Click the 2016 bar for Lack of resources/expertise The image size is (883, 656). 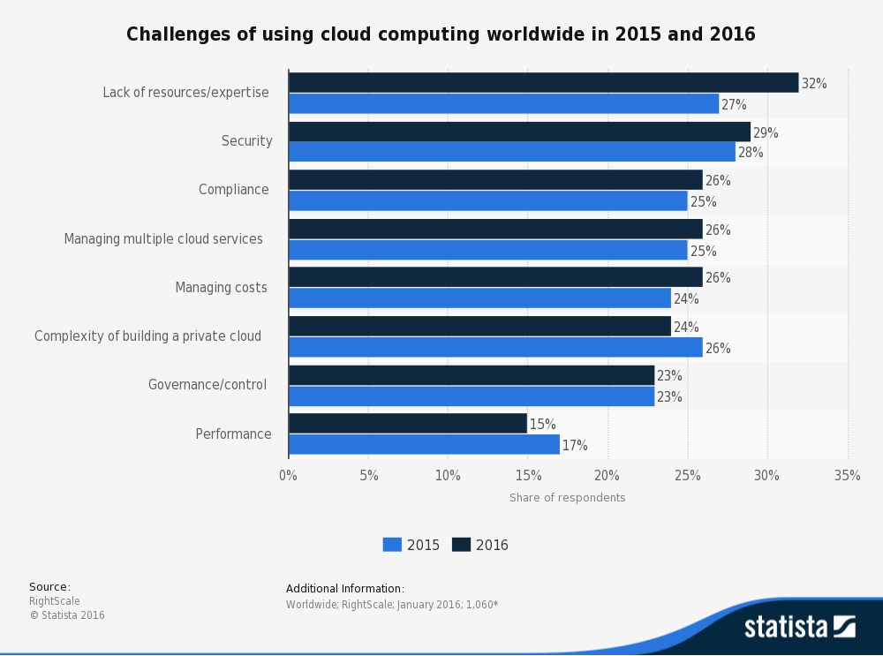click(x=543, y=83)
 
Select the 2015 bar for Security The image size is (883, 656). click(x=511, y=152)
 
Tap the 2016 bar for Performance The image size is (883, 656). click(x=408, y=424)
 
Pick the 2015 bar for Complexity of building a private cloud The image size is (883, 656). click(x=495, y=348)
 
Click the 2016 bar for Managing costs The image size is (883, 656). click(x=495, y=277)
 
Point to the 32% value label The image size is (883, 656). click(x=814, y=84)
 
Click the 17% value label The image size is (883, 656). click(x=575, y=446)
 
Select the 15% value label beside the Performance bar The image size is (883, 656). click(x=542, y=425)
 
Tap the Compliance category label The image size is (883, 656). click(x=234, y=190)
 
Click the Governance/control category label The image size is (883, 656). click(x=208, y=385)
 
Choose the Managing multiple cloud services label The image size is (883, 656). click(x=163, y=239)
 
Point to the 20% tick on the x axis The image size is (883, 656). click(x=608, y=476)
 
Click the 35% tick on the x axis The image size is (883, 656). click(x=847, y=476)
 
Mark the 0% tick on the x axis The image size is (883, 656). click(x=288, y=476)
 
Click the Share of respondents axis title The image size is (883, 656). click(x=567, y=498)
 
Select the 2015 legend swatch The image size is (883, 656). click(x=392, y=545)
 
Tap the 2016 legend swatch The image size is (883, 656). click(x=461, y=545)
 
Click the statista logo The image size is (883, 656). click(x=799, y=627)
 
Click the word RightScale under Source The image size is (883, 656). click(x=55, y=601)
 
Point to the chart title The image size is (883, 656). click(x=441, y=34)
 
